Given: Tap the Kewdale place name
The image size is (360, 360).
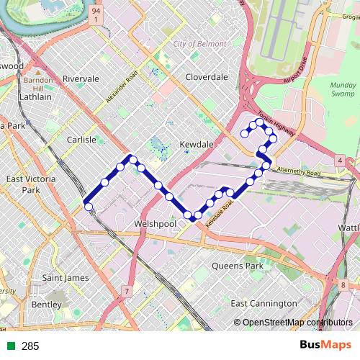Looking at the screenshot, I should coord(197,145).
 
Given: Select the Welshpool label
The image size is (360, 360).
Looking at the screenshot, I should coord(156,224).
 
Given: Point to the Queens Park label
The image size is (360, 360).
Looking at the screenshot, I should coord(238,266).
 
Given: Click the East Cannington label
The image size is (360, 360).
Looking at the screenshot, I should coord(264,303).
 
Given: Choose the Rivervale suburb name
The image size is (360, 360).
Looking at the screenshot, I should coord(81,78).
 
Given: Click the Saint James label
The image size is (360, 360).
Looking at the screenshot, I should coord(65,277).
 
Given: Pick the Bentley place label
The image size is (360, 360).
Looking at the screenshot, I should coord(47,305).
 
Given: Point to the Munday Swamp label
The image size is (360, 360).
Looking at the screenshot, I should coord(343,89).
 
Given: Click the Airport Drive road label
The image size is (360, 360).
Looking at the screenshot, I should coord(295,70).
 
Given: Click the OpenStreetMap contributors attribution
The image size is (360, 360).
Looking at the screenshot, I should coord(293,323).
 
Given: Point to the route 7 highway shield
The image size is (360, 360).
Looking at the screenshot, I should coord(127,292).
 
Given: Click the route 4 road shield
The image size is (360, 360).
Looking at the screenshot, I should coord(339,160).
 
